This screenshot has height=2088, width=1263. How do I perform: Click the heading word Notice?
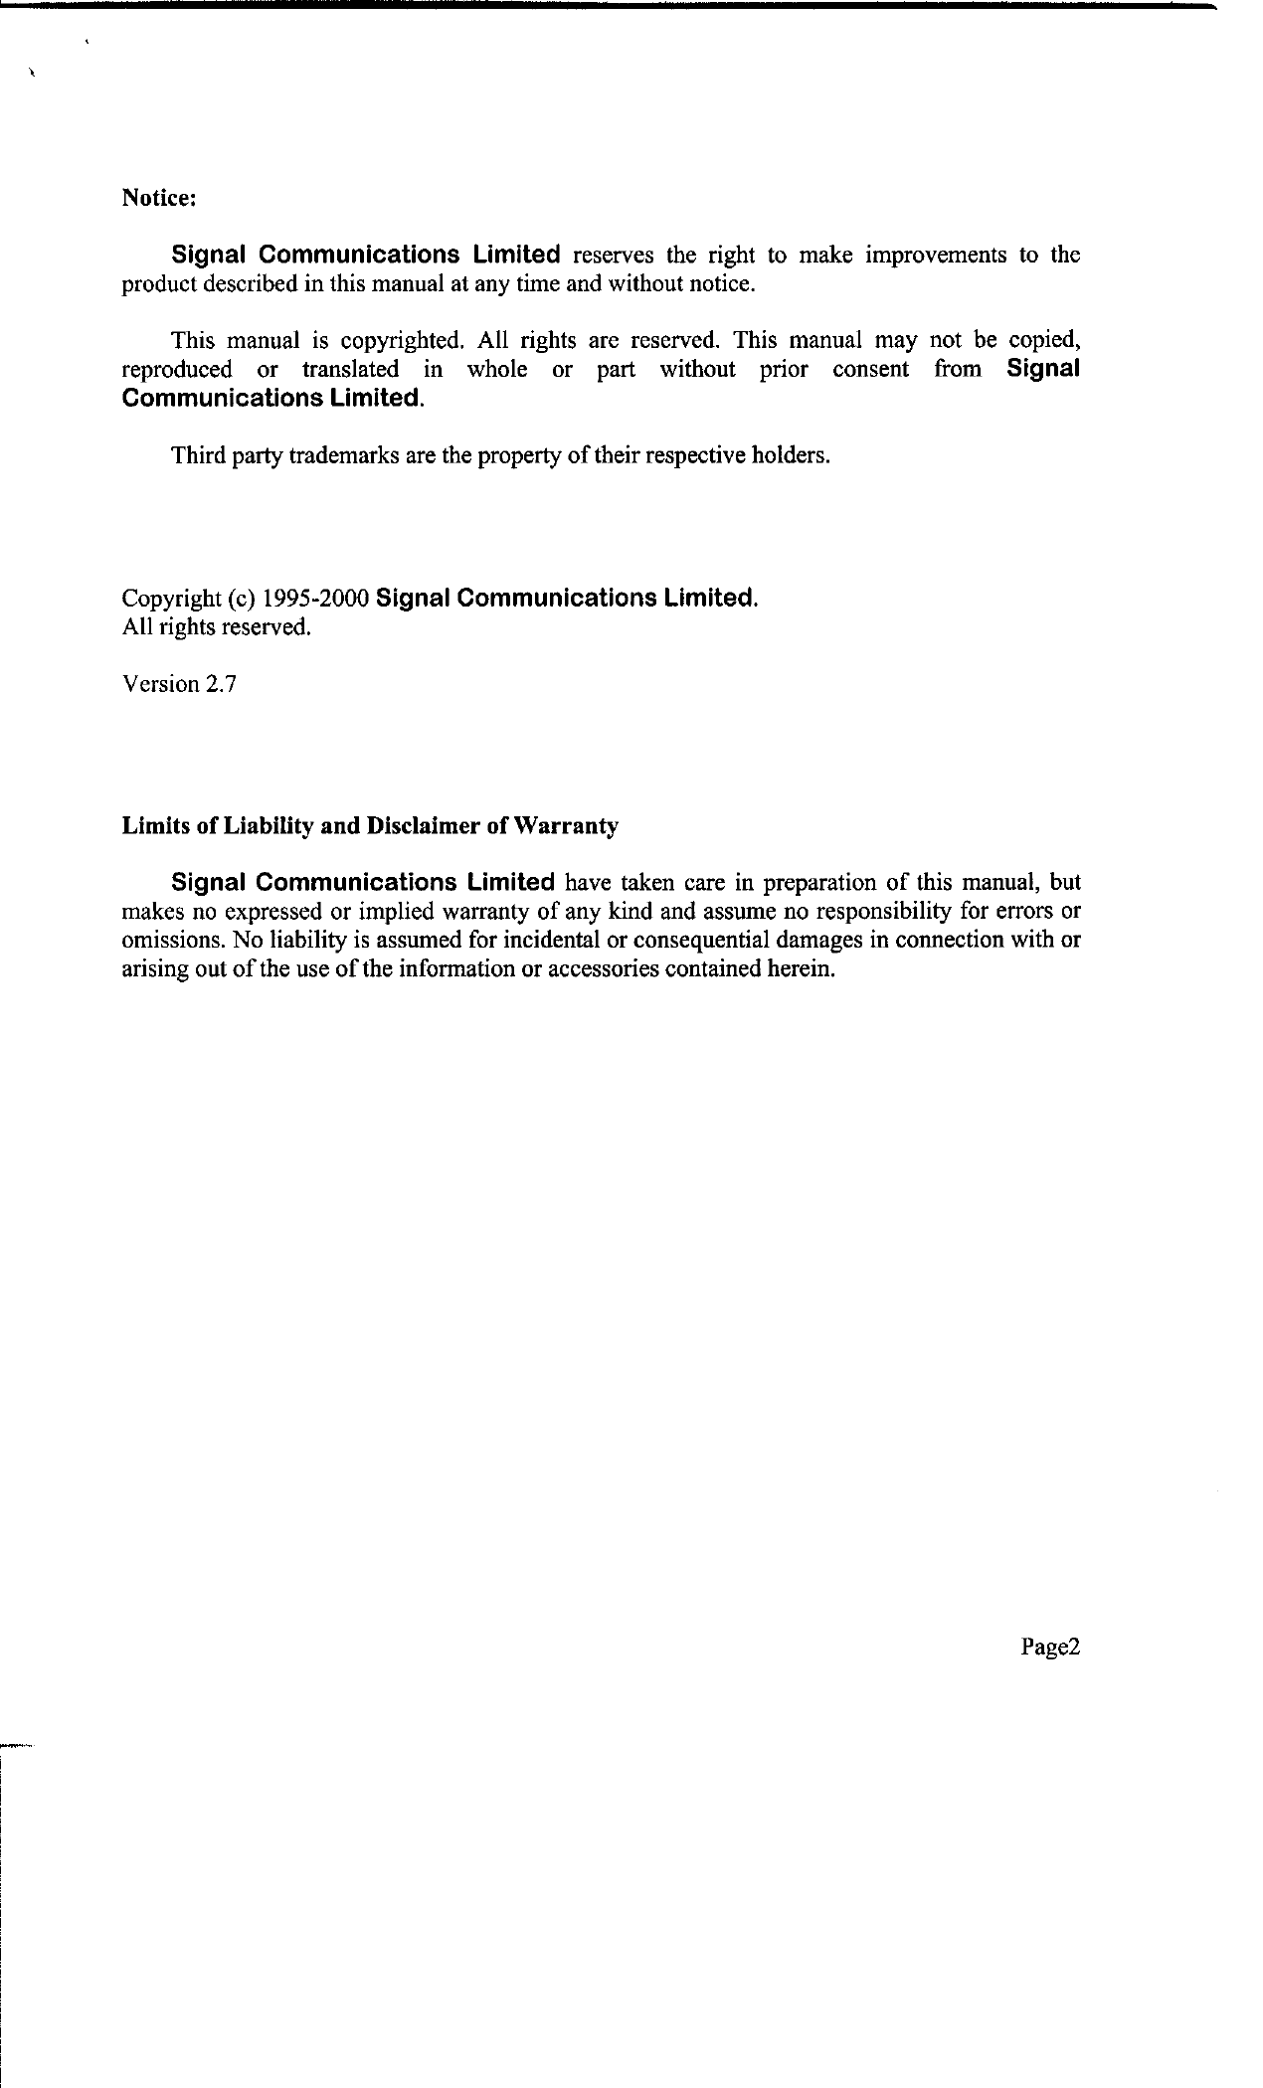pyautogui.click(x=159, y=198)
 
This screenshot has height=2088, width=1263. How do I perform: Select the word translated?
pyautogui.click(x=350, y=370)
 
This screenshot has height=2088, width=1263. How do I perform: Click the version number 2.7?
pyautogui.click(x=221, y=684)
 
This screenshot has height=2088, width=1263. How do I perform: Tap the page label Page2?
pyautogui.click(x=1049, y=1648)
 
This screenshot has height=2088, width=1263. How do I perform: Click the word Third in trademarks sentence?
pyautogui.click(x=196, y=456)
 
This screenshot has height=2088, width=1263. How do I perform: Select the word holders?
pyautogui.click(x=790, y=456)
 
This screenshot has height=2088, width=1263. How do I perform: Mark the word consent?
pyautogui.click(x=870, y=370)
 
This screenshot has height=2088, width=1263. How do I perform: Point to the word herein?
pyautogui.click(x=801, y=969)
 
